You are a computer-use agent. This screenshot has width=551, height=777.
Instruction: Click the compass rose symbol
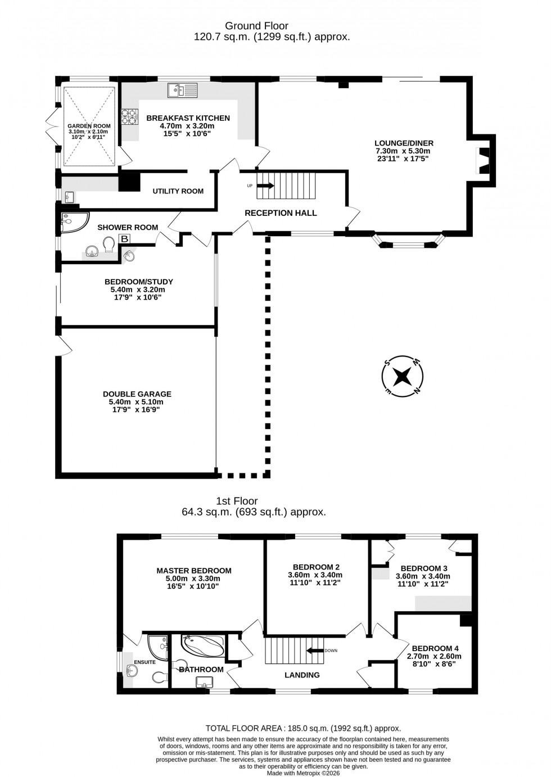click(403, 376)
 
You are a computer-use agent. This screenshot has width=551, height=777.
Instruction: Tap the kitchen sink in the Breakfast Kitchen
click(183, 90)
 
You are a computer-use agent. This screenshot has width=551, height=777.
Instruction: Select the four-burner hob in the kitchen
click(130, 116)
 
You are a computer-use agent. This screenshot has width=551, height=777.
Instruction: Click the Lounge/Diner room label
click(404, 143)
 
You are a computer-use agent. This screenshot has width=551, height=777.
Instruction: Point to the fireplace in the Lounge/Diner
click(482, 160)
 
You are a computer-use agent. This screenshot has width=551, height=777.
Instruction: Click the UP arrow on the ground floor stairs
click(265, 186)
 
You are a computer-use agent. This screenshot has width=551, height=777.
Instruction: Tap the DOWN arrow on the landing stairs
click(315, 650)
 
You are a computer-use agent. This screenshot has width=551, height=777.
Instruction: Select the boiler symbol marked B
click(124, 240)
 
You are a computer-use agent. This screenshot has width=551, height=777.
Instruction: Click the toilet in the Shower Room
click(109, 244)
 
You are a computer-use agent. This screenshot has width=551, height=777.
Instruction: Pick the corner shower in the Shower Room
click(73, 222)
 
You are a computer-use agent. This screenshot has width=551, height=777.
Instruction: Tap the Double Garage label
click(137, 394)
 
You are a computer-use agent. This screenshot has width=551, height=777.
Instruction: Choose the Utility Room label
click(178, 191)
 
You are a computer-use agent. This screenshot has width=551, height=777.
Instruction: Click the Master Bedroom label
click(194, 571)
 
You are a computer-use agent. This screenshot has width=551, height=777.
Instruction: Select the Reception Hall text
click(281, 213)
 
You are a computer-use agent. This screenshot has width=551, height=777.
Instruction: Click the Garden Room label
click(89, 126)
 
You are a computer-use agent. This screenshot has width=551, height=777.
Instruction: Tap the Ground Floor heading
click(256, 26)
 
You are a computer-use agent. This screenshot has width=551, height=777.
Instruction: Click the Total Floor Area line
click(303, 728)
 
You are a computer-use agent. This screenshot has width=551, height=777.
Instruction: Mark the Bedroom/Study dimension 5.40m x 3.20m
click(137, 290)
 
